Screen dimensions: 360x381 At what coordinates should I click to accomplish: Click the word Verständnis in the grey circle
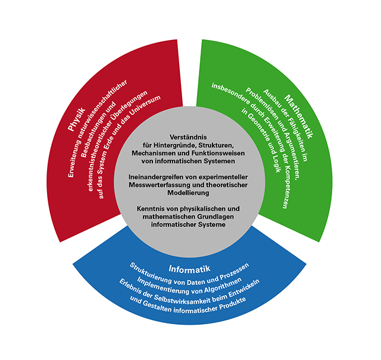[190, 136]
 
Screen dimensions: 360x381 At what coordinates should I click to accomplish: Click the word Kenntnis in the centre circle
[152, 209]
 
